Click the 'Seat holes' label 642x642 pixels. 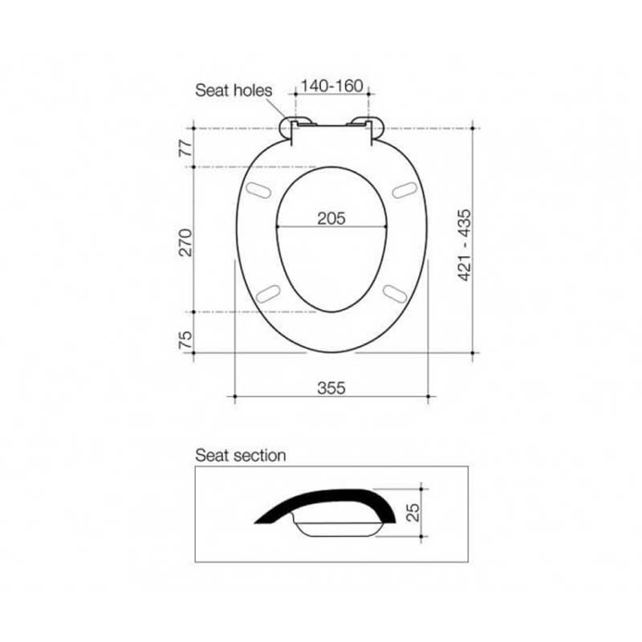[234, 91]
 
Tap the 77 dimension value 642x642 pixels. [186, 148]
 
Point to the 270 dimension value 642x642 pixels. [186, 240]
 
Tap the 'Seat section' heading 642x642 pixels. [241, 455]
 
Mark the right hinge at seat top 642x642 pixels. [370, 124]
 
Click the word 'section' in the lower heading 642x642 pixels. [258, 455]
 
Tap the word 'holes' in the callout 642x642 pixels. [253, 91]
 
